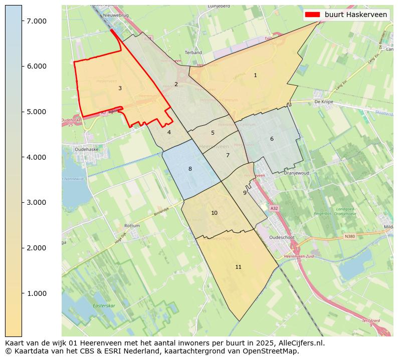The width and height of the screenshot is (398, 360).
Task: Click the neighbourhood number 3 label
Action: click(x=120, y=89)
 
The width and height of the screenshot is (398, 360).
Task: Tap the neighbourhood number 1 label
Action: click(x=255, y=75)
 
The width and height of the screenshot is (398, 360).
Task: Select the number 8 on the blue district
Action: click(x=190, y=169)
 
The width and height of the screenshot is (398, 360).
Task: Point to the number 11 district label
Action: click(x=238, y=267)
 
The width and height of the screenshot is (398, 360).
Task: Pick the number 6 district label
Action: click(x=272, y=139)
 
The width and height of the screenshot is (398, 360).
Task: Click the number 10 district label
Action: click(x=214, y=213)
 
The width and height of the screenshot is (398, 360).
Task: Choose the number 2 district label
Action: click(x=176, y=84)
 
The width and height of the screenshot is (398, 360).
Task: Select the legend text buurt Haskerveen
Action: click(x=356, y=15)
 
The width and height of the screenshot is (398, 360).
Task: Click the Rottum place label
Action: click(x=132, y=226)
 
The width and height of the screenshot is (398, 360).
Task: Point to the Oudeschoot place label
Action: click(x=284, y=238)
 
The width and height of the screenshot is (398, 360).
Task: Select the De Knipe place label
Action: click(x=323, y=102)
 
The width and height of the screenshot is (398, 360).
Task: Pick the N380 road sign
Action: click(x=350, y=236)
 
